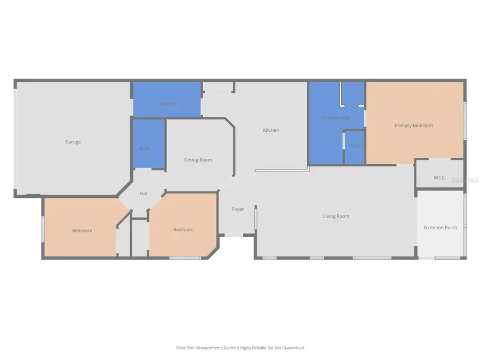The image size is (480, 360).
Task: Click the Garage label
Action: (x=73, y=142)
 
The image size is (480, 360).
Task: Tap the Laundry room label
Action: (x=167, y=103)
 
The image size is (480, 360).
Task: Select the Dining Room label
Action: (x=198, y=159)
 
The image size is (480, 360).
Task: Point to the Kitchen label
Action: (x=271, y=130)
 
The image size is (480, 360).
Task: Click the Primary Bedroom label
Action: (x=414, y=125)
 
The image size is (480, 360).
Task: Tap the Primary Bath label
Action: (x=337, y=117)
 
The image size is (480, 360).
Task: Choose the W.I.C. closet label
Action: (x=439, y=177)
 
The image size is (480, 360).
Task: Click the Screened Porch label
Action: (x=440, y=227)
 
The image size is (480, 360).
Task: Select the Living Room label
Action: (x=336, y=216)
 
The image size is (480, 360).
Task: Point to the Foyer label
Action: (x=238, y=209)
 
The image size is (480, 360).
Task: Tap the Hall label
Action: (x=144, y=194)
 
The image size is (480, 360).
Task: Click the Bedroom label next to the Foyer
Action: (x=183, y=229)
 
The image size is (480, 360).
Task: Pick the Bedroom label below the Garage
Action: (x=82, y=230)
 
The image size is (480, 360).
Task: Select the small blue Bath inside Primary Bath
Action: (x=355, y=152)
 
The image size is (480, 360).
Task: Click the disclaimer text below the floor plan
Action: (x=240, y=348)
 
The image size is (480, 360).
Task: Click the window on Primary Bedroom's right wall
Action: (x=465, y=121)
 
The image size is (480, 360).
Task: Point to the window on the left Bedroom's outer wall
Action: (x=43, y=228)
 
